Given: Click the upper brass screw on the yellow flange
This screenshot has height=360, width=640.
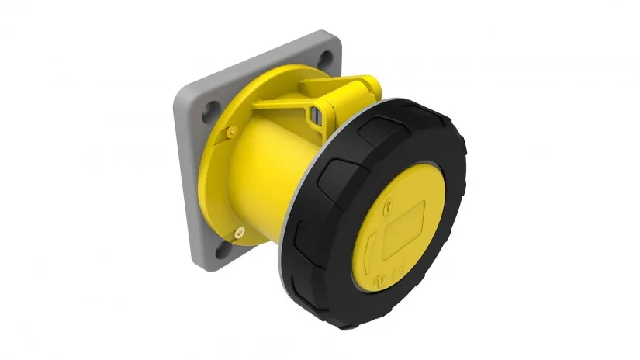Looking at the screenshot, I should click(x=231, y=132).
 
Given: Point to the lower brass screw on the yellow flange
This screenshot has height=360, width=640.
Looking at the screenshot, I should click(x=240, y=230).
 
